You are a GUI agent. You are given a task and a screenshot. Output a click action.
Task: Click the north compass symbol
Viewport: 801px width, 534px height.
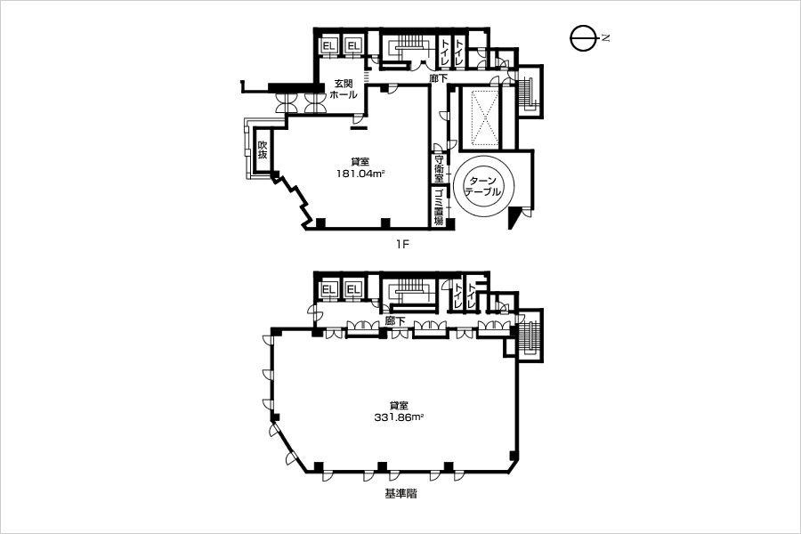click(x=583, y=38)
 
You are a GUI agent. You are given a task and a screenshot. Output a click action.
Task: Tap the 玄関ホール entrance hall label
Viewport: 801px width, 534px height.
click(x=344, y=89)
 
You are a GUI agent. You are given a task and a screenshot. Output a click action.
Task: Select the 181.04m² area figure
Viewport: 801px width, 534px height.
click(x=360, y=174)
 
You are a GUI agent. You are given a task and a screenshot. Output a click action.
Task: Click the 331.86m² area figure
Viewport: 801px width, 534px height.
click(x=399, y=417)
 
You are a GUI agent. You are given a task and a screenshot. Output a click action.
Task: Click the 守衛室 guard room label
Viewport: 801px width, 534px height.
click(x=439, y=168)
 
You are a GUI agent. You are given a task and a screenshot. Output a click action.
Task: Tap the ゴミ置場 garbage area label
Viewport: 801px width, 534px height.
click(x=439, y=207)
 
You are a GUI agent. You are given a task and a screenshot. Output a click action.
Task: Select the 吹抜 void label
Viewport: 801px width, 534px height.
click(x=262, y=150)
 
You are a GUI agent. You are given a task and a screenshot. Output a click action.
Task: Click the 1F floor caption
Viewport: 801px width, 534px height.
click(x=402, y=244)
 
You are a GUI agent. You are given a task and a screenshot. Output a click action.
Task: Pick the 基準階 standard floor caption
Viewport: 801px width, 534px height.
click(x=400, y=494)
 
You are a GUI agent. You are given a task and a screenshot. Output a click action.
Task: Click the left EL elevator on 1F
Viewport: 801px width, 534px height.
click(x=328, y=46)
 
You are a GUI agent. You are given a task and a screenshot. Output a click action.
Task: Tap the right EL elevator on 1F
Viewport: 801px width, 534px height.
click(x=353, y=46)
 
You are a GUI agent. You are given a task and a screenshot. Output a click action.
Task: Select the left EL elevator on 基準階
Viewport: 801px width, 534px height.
click(x=328, y=290)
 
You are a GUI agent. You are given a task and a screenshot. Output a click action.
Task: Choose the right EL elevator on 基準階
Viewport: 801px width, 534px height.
click(x=353, y=290)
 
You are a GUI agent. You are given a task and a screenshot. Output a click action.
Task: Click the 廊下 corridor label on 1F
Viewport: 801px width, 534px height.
click(x=438, y=78)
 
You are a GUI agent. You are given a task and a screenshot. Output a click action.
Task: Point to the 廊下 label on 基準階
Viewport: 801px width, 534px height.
click(x=395, y=321)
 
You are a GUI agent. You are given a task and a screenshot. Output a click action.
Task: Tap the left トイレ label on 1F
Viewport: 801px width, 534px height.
click(x=445, y=52)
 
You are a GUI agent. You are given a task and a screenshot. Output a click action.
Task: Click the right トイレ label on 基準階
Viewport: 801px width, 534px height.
click(x=471, y=296)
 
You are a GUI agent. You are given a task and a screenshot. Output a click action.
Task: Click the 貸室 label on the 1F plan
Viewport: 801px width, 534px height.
click(x=360, y=162)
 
